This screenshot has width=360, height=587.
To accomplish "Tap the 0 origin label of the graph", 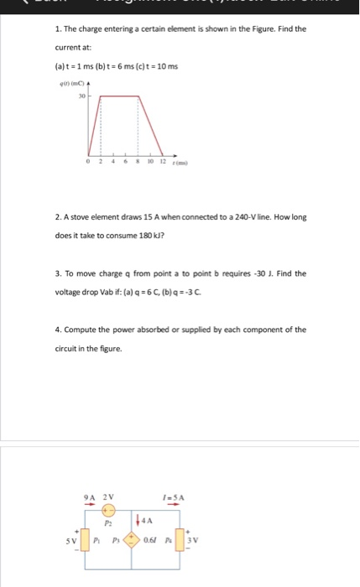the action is tap(88, 164).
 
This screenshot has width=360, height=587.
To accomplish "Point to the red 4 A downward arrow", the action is tap(138, 518).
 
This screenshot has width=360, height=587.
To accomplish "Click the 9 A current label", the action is tap(91, 495).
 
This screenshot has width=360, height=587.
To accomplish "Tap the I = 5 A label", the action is tap(174, 496).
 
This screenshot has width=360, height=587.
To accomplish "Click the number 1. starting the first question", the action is tap(56, 29).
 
